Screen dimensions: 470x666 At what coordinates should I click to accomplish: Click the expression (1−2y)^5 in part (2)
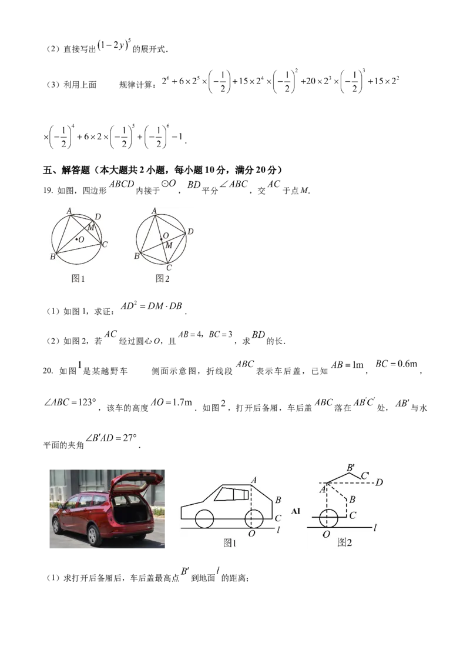point(114,45)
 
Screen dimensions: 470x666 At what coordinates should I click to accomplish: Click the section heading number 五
point(47,170)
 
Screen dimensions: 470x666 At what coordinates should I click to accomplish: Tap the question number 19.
point(48,190)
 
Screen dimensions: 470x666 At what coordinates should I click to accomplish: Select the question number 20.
point(48,371)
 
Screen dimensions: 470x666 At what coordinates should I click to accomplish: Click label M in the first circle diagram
point(91,228)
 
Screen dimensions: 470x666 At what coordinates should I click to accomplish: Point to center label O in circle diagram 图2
point(166,235)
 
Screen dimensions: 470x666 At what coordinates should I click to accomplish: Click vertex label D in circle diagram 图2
point(190,231)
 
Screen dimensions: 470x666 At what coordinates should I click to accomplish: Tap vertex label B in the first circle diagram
point(53,257)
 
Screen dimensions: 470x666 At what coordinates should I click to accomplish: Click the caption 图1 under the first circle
point(78,279)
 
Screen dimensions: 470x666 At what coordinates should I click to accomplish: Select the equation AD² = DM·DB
point(152,306)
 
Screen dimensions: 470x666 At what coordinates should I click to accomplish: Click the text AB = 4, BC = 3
point(205,335)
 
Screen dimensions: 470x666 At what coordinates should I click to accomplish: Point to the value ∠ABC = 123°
point(70,402)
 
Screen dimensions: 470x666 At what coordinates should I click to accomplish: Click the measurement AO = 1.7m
point(172,402)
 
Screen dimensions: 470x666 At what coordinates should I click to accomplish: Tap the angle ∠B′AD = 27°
point(111,438)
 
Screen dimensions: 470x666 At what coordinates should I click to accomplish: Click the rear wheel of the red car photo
point(93,534)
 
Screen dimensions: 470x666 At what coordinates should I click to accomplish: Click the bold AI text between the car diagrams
point(296,511)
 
